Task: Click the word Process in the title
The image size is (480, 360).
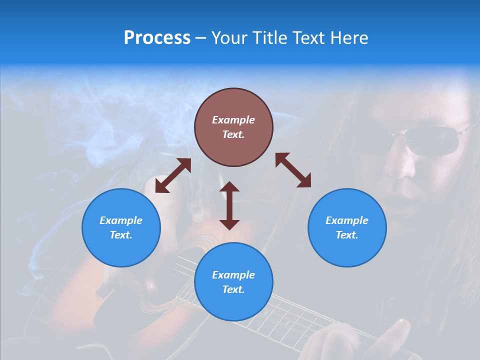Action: [157, 38]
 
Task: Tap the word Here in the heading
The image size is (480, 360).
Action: [348, 38]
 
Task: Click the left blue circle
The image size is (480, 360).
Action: [121, 227]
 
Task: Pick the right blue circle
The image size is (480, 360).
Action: [347, 227]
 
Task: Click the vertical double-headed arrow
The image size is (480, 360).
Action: [229, 205]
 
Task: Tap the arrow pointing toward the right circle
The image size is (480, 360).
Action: [293, 170]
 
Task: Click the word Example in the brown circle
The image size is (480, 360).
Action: [233, 120]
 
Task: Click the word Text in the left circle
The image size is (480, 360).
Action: [121, 235]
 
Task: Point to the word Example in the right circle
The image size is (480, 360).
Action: [347, 220]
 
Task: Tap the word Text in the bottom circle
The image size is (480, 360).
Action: [233, 289]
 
